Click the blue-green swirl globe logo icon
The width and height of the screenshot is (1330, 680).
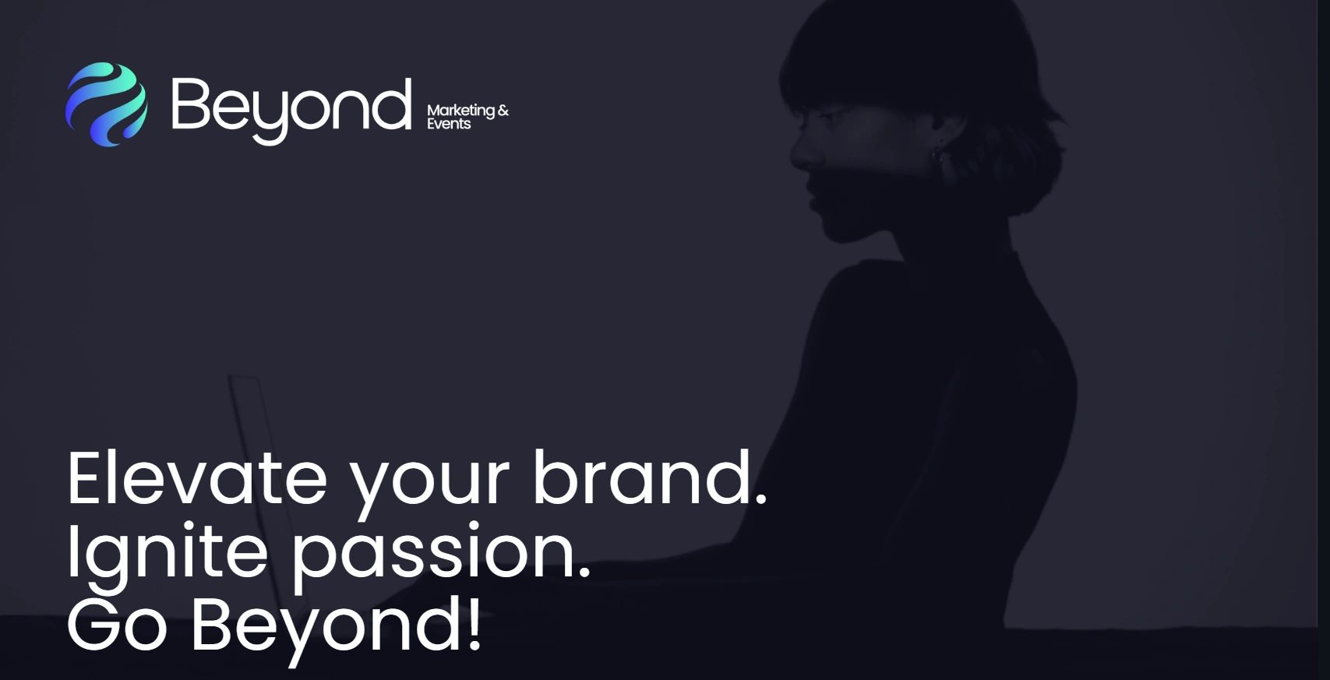click(106, 104)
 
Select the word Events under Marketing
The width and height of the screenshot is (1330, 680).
click(449, 124)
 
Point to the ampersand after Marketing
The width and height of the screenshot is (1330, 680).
click(503, 111)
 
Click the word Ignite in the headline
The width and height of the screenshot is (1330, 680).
click(167, 551)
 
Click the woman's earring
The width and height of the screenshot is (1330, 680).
click(938, 155)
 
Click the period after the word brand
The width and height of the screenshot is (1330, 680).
click(760, 499)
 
